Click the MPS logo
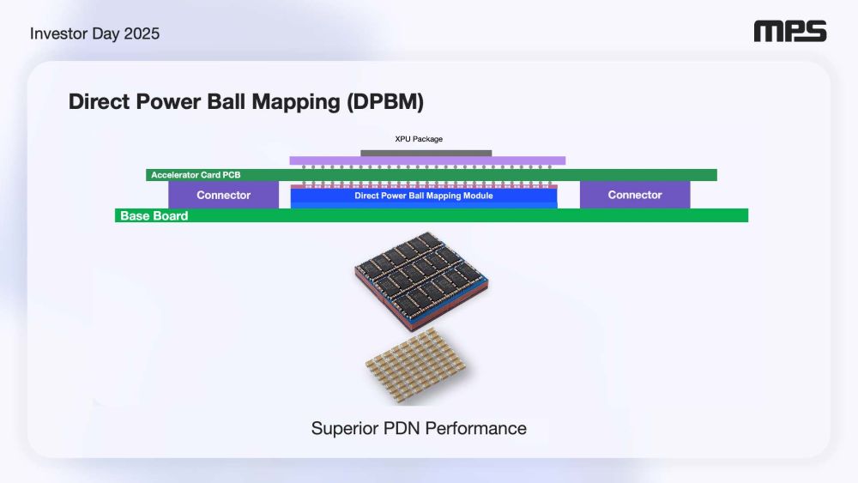789,33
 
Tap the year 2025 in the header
142,34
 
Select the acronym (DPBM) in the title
385,102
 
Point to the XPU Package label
419,139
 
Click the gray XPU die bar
426,154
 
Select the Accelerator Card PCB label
196,175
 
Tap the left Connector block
223,195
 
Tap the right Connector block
635,195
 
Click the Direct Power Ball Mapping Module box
424,196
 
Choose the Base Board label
154,216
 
